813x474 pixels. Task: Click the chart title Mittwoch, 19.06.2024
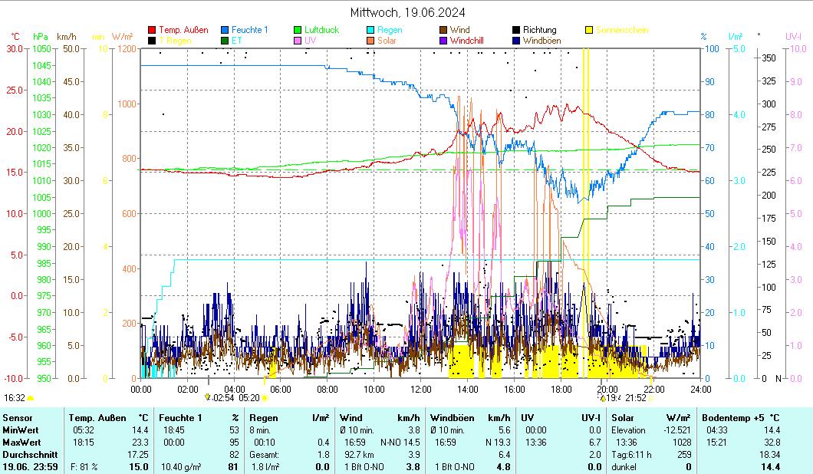pos(407,12)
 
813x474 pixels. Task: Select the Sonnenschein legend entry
pos(621,30)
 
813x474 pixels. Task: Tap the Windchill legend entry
pos(466,41)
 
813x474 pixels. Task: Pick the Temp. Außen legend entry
pos(183,30)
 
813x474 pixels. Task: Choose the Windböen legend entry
pos(540,41)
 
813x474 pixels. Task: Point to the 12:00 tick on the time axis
pos(420,389)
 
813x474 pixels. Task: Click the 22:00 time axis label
pos(653,389)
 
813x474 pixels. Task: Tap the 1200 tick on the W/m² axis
pos(127,48)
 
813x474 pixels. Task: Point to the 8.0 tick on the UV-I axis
pos(795,114)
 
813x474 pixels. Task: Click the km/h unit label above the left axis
pos(67,36)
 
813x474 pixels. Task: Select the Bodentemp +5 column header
pos(742,417)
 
